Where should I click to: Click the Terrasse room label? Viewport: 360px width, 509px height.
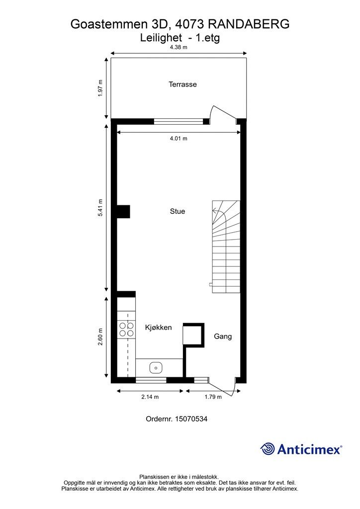click(x=182, y=85)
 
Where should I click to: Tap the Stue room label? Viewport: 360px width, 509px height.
click(x=178, y=211)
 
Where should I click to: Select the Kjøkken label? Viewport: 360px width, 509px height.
click(x=158, y=328)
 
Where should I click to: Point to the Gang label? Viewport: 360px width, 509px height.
click(x=223, y=337)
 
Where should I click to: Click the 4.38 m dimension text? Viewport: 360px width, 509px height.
click(x=179, y=48)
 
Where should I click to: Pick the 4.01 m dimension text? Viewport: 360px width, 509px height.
click(x=179, y=139)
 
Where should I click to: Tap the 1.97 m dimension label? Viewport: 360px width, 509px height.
click(x=100, y=88)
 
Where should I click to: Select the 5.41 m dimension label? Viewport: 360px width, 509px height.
click(x=100, y=207)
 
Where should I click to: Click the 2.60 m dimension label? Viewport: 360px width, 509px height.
click(x=100, y=337)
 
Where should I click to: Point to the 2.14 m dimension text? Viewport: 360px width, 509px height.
click(x=150, y=397)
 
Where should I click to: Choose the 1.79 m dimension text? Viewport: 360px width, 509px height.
click(x=213, y=397)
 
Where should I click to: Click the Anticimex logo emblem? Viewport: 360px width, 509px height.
click(x=268, y=449)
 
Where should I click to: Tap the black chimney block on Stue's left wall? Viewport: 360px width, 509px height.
click(x=123, y=211)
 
